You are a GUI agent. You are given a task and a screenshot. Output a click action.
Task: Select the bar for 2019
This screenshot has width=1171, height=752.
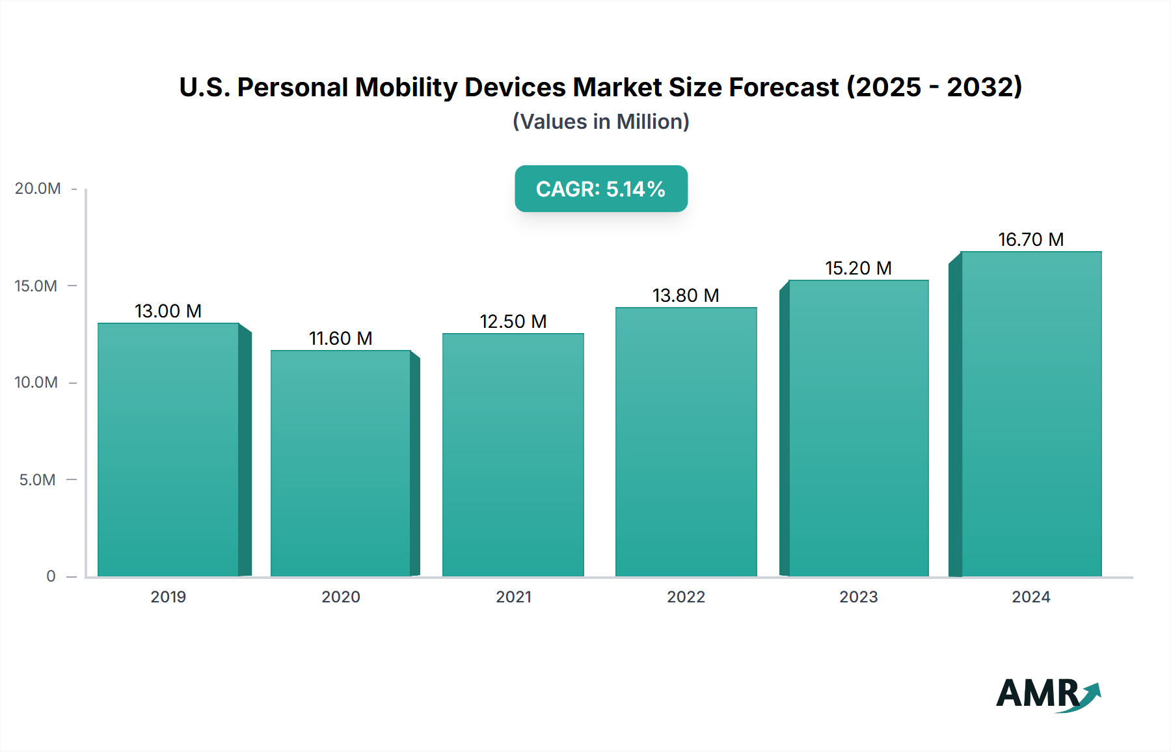168,450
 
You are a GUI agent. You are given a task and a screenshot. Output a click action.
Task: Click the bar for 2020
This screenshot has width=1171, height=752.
341,463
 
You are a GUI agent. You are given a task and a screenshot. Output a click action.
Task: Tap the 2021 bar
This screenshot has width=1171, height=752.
513,455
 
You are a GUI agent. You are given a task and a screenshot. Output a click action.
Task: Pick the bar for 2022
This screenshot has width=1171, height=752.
686,442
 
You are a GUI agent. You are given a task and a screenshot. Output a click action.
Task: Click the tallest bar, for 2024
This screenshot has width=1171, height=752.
1031,414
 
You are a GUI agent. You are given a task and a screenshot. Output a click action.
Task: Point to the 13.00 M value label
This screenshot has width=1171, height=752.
168,311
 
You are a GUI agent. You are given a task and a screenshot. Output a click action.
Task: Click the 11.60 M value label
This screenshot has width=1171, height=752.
340,338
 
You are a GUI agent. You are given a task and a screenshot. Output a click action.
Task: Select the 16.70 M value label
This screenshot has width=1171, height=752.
1031,239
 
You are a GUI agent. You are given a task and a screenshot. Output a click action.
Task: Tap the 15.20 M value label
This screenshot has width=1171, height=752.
858,268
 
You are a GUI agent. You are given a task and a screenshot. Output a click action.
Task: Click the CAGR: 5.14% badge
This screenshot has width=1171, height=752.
601,189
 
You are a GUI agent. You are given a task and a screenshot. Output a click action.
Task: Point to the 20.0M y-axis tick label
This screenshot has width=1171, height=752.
38,189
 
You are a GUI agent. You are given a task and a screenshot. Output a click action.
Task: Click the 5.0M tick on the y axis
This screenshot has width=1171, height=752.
37,480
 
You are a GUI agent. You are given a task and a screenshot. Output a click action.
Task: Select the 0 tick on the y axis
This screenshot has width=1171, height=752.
51,576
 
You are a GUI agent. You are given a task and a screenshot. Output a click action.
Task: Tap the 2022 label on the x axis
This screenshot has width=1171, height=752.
686,597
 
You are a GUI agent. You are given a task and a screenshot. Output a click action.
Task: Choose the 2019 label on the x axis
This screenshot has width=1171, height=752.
168,597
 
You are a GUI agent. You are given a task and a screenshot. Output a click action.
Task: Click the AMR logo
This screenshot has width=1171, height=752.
1048,695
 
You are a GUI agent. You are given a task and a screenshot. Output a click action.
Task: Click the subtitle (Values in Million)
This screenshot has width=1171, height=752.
601,122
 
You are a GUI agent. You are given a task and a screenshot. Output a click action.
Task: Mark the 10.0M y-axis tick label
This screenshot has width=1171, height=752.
36,383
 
